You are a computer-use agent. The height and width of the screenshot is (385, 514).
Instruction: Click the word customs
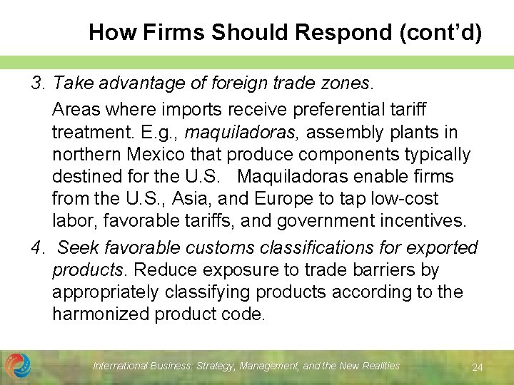point(218,248)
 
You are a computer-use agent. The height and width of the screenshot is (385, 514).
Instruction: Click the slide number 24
point(478,367)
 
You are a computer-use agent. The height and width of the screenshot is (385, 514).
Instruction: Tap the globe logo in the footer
point(17,366)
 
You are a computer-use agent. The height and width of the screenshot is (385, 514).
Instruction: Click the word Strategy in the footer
point(213,366)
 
